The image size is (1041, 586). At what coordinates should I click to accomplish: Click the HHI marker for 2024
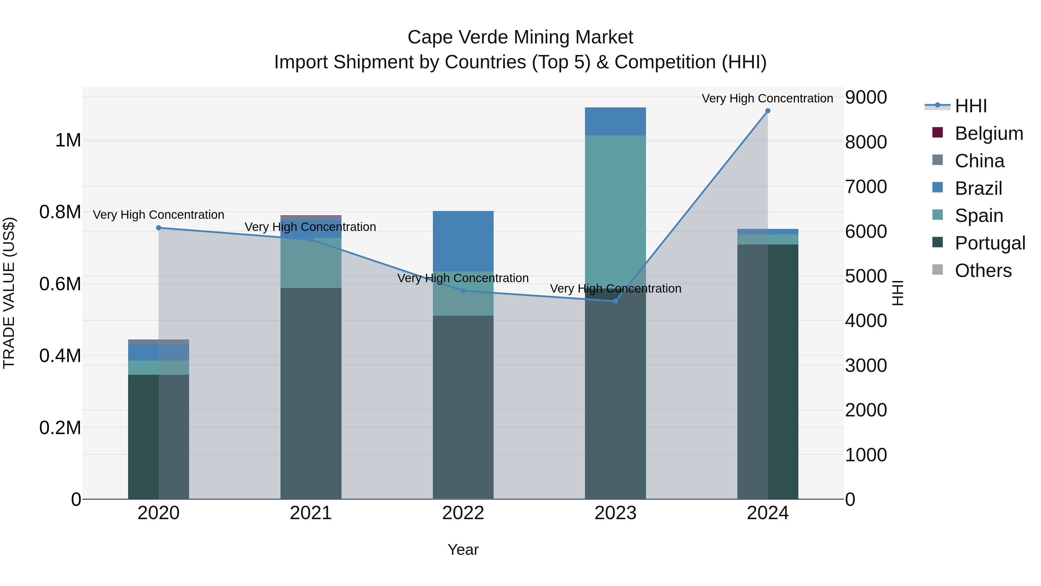[x=767, y=111]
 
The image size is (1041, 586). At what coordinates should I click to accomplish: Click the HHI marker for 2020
[x=158, y=228]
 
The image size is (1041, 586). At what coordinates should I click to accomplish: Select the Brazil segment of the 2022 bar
[x=463, y=241]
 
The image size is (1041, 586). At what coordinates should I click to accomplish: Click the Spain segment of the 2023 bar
[x=615, y=210]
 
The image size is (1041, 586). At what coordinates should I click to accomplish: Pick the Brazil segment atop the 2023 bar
[x=615, y=121]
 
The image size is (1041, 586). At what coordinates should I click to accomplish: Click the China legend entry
[x=979, y=161]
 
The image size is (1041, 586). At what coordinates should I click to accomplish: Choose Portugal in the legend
[x=990, y=243]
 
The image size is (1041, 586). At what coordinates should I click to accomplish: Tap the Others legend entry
[x=983, y=271]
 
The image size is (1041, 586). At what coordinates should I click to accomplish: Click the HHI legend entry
[x=971, y=106]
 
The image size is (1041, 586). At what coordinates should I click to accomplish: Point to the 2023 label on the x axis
[x=615, y=513]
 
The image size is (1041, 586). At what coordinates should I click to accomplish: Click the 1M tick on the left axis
[x=68, y=140]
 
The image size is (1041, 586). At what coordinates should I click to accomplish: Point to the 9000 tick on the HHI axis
[x=865, y=98]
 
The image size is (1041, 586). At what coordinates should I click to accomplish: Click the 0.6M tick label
[x=60, y=284]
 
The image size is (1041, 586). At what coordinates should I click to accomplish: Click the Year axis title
[x=463, y=550]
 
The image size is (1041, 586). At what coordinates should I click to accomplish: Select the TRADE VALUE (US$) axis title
[x=9, y=293]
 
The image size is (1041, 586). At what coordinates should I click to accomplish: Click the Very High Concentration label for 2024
[x=767, y=98]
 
